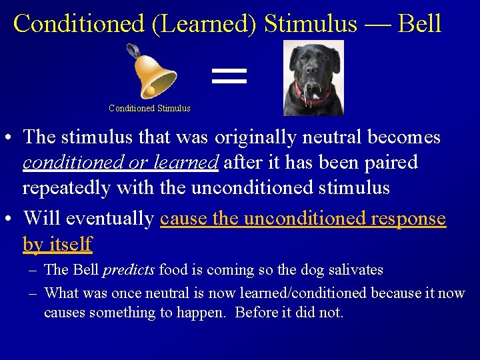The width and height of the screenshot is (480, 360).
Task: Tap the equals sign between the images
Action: point(229,75)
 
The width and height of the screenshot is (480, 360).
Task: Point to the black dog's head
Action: point(313,63)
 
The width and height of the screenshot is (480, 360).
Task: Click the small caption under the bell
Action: point(149,108)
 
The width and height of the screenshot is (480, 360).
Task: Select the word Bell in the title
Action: point(419,24)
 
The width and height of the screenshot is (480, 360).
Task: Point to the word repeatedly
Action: point(67,188)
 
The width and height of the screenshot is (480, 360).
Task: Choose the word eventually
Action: point(111,219)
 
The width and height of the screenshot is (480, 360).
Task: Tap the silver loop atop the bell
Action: point(133,49)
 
